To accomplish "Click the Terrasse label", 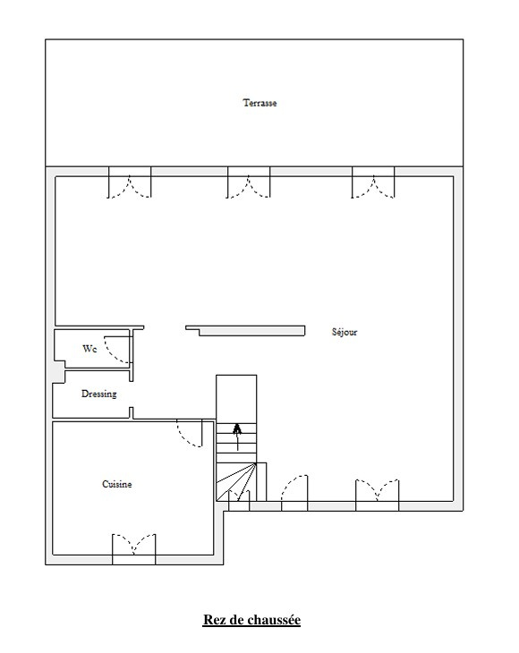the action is click(259, 103).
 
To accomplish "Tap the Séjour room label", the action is click(345, 332).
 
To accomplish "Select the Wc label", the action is click(89, 349).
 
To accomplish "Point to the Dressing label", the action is click(98, 394).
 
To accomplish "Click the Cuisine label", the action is click(117, 484).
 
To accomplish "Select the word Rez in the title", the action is click(213, 620).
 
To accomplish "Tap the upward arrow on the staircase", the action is click(237, 437).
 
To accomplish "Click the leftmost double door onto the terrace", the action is click(130, 182).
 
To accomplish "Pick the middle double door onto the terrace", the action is click(249, 182).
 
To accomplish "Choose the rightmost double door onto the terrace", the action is click(373, 182).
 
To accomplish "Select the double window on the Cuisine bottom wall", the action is click(133, 549).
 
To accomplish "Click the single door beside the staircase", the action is click(294, 493).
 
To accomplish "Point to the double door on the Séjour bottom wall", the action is click(378, 496).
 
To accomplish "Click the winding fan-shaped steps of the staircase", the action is click(235, 481).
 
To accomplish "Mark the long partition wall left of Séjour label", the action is click(246, 331).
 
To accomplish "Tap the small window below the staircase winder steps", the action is click(239, 500).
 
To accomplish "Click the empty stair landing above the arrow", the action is click(236, 399).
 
